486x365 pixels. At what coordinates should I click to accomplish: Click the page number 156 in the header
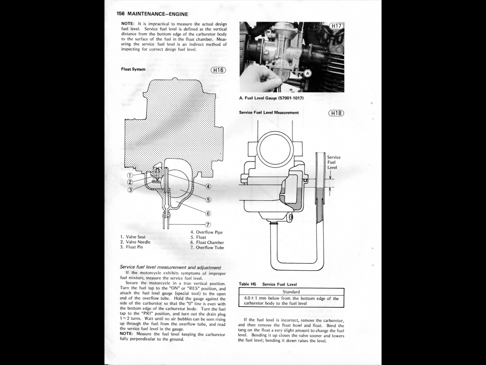121,14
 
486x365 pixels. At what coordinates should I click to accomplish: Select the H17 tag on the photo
336,26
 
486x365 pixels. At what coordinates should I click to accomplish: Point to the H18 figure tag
336,113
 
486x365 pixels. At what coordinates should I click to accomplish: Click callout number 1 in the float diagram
130,176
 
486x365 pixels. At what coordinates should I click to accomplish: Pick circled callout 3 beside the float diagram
130,190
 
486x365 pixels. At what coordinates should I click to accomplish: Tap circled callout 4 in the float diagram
208,186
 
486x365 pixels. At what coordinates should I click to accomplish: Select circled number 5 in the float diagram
208,200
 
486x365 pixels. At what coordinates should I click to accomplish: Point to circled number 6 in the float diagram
208,214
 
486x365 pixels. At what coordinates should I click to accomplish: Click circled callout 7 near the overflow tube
208,225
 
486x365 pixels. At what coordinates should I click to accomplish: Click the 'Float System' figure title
133,69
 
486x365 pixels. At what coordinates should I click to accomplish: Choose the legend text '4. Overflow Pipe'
207,232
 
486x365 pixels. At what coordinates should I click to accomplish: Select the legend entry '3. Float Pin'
131,247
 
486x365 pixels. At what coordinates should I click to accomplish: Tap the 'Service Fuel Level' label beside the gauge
334,162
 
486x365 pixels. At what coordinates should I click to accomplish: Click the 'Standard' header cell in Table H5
291,292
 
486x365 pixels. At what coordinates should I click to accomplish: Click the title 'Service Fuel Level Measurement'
269,113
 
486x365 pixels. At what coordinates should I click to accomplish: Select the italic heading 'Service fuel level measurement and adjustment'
170,268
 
